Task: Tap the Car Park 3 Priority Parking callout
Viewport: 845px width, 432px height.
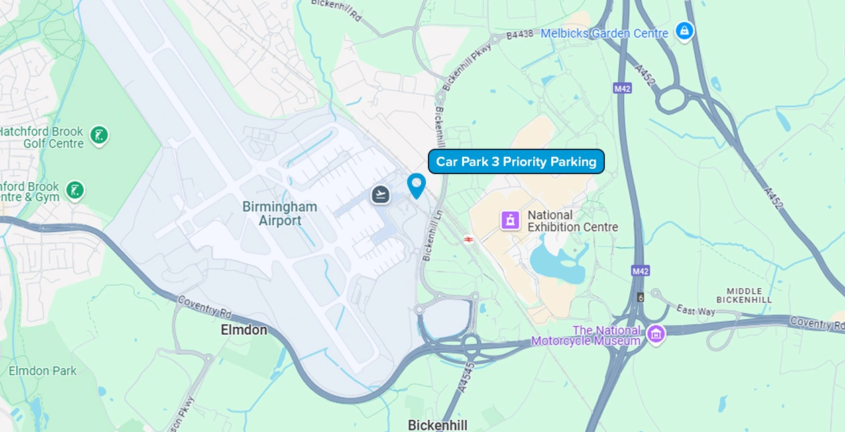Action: pyautogui.click(x=516, y=161)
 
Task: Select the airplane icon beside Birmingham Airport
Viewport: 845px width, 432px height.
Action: pyautogui.click(x=381, y=195)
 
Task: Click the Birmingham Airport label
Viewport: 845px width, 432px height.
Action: pyautogui.click(x=280, y=213)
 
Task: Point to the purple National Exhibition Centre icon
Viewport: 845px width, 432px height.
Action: pyautogui.click(x=510, y=220)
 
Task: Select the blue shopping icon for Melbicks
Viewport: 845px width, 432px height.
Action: pyautogui.click(x=683, y=30)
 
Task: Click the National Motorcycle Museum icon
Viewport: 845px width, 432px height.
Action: pyautogui.click(x=655, y=333)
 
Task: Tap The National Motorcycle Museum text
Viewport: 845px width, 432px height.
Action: pyautogui.click(x=585, y=336)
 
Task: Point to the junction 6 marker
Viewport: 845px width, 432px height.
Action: pyautogui.click(x=640, y=297)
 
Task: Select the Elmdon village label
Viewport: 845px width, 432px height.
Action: pyautogui.click(x=244, y=330)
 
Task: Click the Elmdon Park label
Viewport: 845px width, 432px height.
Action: pyautogui.click(x=42, y=370)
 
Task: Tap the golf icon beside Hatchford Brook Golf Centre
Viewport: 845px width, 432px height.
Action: pyautogui.click(x=99, y=135)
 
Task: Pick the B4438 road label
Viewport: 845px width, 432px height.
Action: pyautogui.click(x=518, y=35)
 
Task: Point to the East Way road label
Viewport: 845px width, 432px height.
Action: pyautogui.click(x=695, y=310)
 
